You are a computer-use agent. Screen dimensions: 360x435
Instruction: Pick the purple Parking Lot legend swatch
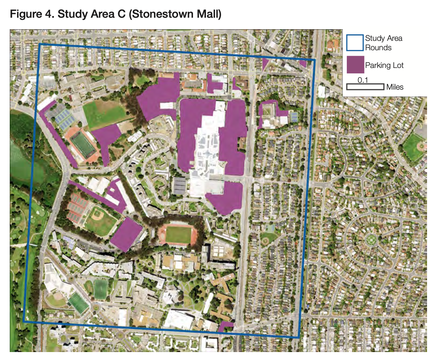355,65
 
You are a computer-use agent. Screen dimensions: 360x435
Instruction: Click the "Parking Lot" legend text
384,65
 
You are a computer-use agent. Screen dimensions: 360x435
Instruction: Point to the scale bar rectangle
365,87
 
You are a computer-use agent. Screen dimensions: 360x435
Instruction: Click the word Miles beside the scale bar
395,87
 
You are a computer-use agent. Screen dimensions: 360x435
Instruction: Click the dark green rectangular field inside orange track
83,146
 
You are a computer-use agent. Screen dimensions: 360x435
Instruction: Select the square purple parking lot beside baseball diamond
126,234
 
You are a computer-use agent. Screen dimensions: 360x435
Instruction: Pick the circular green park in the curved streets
370,240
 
